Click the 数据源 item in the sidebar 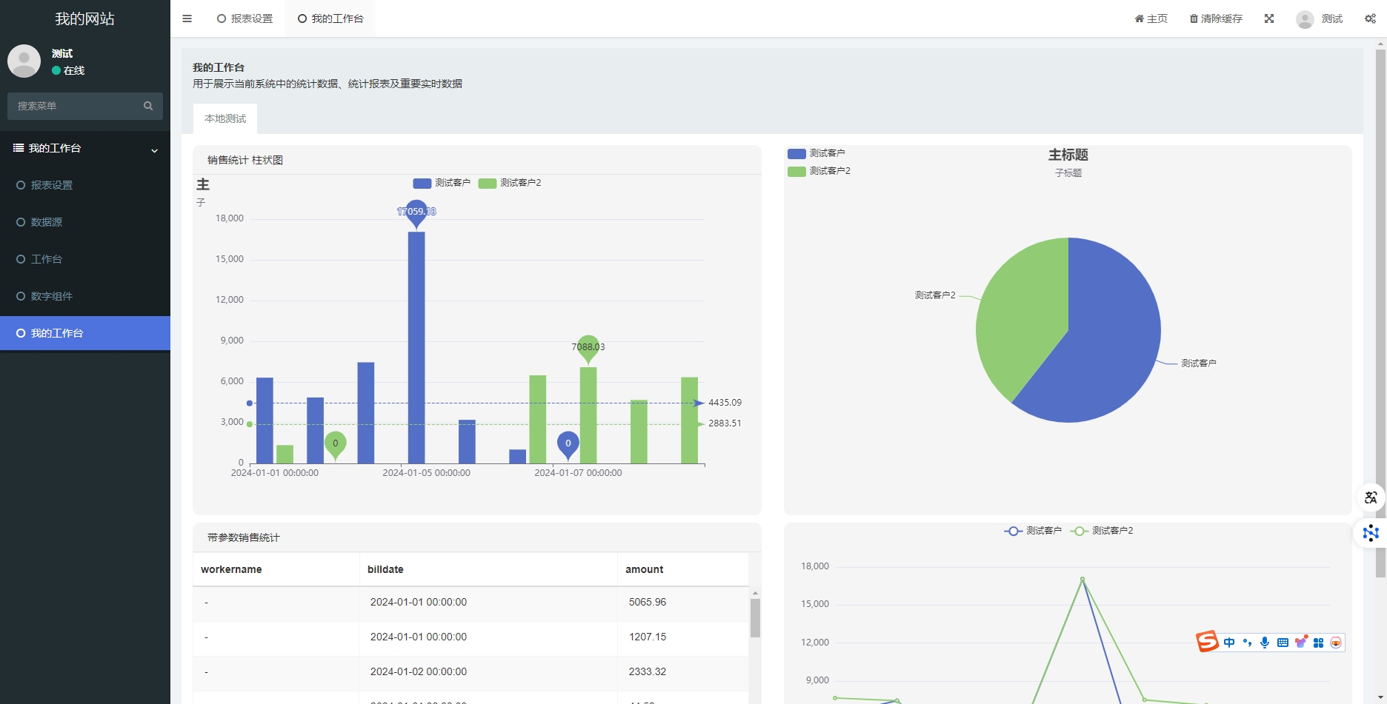[46, 222]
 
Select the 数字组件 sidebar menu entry [51, 296]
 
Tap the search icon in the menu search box [148, 106]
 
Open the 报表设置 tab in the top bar [245, 19]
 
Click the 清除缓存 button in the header [1216, 19]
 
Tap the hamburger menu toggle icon [187, 19]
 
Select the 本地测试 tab [225, 118]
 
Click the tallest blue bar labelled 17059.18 [416, 348]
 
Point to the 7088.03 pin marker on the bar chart [588, 346]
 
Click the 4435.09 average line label [725, 403]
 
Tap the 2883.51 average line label [725, 423]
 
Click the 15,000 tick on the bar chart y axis [230, 259]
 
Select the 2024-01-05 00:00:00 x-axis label [426, 473]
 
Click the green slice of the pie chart [1015, 311]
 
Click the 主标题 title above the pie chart [1068, 155]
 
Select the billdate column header [385, 569]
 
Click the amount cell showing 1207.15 [648, 637]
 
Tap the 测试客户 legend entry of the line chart [1033, 531]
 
